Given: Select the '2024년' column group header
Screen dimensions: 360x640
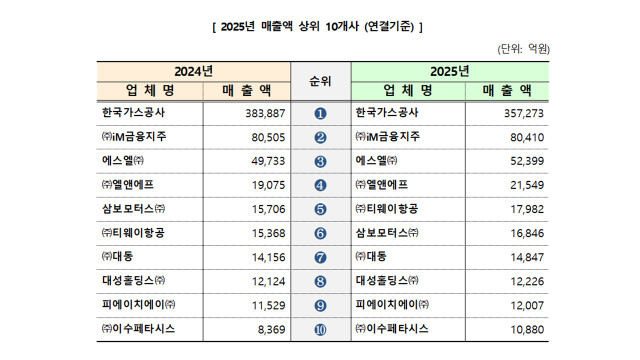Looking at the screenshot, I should [193, 71].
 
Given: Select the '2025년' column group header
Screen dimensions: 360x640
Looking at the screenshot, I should [448, 71].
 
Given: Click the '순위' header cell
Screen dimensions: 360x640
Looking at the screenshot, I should [320, 80].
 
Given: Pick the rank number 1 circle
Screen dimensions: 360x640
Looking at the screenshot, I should [320, 113].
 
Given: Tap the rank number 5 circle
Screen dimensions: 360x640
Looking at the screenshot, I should [320, 209].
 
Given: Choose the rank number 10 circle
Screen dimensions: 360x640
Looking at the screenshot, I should [320, 329].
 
